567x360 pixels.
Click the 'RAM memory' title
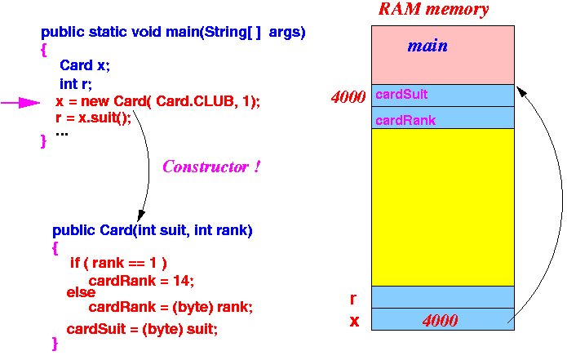[x=433, y=9]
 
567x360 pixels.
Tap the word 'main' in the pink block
[x=427, y=46]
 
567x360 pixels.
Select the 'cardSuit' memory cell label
[x=401, y=95]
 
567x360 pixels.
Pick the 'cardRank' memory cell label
[x=405, y=121]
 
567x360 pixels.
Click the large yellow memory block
[x=443, y=207]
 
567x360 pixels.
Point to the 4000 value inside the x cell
[x=440, y=320]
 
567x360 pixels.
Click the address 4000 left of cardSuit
[x=348, y=97]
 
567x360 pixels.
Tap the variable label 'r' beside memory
[x=353, y=300]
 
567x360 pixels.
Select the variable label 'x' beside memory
[x=354, y=321]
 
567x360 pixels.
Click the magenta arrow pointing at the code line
[x=20, y=103]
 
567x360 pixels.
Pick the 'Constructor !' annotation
[x=210, y=167]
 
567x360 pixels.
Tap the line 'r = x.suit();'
[x=93, y=118]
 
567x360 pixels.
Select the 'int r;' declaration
[x=76, y=84]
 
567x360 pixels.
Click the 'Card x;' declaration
[x=85, y=65]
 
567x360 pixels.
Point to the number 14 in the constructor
[x=184, y=281]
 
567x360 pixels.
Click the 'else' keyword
[x=81, y=292]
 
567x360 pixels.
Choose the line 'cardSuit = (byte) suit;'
[x=142, y=329]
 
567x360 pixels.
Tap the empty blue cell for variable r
[x=443, y=297]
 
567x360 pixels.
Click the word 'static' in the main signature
[x=108, y=32]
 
